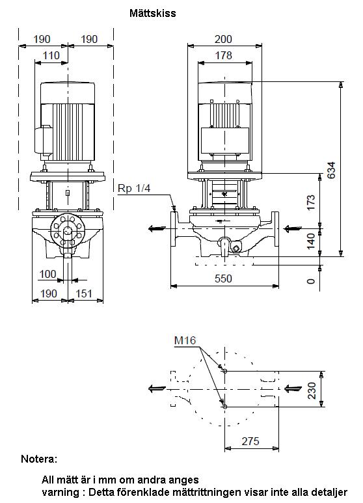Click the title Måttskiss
(x=153, y=13)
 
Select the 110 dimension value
(x=51, y=55)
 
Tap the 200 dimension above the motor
(x=223, y=39)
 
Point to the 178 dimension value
(x=223, y=55)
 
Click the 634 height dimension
(x=332, y=170)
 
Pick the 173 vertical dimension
(x=311, y=202)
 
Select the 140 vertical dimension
(x=311, y=241)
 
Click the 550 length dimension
(x=223, y=279)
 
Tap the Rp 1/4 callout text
(x=134, y=188)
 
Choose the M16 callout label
(x=185, y=340)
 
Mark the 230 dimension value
(x=312, y=390)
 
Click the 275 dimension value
(x=250, y=441)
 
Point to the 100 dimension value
(x=47, y=275)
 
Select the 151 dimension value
(x=84, y=293)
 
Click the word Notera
(x=39, y=459)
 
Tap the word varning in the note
(x=60, y=492)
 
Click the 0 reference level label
(x=311, y=281)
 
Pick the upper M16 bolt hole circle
(x=225, y=371)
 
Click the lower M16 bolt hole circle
(x=225, y=407)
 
